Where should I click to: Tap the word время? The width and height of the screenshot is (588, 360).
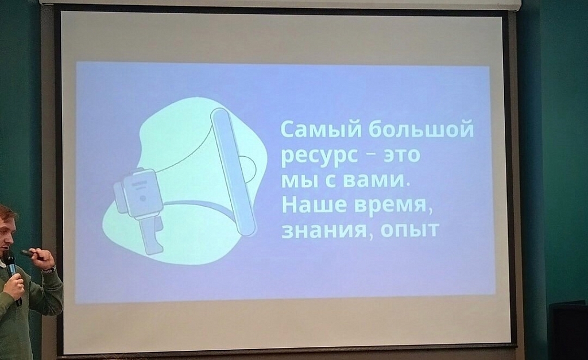(x=393, y=206)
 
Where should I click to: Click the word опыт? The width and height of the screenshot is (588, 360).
(x=409, y=230)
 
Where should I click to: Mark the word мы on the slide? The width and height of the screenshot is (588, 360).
(x=300, y=181)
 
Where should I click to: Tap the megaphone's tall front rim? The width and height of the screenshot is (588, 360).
(x=233, y=172)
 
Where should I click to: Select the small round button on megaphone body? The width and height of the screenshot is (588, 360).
(x=142, y=198)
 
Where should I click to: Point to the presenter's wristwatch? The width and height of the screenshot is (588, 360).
(x=49, y=269)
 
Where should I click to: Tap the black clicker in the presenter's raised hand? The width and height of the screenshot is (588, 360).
(x=30, y=254)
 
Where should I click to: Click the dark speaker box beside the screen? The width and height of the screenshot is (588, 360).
(x=568, y=330)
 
